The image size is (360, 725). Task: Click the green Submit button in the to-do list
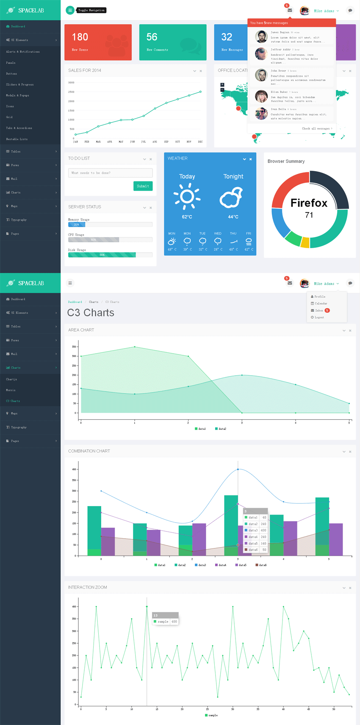[143, 186]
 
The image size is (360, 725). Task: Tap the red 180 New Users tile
[98, 42]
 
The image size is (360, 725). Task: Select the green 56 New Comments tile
[172, 42]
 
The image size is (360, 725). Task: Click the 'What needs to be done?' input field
[110, 173]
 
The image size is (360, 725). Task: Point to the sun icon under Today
[187, 196]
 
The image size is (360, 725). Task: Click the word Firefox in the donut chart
[309, 203]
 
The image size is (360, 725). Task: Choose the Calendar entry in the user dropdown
[321, 303]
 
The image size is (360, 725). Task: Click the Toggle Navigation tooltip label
[91, 10]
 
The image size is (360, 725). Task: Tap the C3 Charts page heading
[91, 313]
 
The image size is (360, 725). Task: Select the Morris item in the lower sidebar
[11, 390]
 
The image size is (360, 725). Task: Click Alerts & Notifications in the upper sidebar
[23, 52]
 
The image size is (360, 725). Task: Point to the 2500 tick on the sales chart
[71, 92]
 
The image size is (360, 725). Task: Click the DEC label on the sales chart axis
[200, 142]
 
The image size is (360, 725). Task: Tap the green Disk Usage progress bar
[102, 255]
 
